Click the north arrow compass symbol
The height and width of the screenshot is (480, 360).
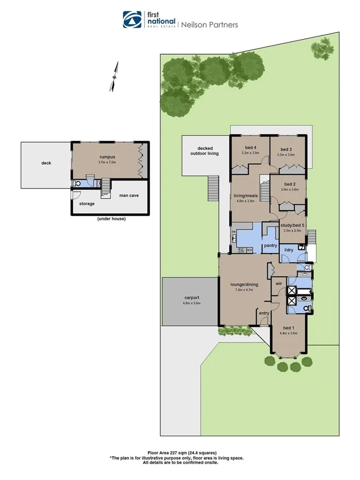point(114,77)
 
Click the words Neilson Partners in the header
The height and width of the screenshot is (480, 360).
point(210,25)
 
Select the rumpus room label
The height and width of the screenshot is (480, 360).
point(107,157)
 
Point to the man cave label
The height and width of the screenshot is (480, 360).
point(129,196)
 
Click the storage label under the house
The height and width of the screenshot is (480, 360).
point(87,204)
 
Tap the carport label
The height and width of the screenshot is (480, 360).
point(191,298)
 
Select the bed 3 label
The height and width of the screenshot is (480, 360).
point(286,149)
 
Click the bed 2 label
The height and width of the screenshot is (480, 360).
point(291,184)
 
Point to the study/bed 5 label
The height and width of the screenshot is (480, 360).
point(293,225)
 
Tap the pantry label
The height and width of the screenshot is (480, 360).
point(270,245)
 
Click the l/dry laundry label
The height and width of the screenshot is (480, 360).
point(289,250)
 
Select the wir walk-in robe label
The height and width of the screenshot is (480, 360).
point(278,284)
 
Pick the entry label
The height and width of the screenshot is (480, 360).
point(264,313)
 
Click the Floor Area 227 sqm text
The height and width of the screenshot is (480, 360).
point(182,452)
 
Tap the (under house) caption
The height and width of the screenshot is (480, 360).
point(111,219)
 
